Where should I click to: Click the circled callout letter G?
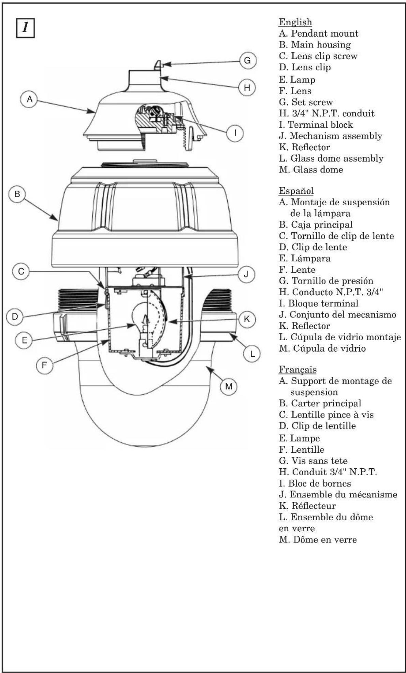click(x=248, y=60)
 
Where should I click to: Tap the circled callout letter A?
click(x=30, y=99)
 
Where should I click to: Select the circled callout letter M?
click(x=229, y=386)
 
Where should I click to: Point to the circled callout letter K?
click(x=247, y=319)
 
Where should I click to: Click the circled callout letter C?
click(x=21, y=272)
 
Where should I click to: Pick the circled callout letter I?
click(x=235, y=133)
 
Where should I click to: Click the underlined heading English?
click(x=295, y=23)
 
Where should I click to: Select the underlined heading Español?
click(x=296, y=190)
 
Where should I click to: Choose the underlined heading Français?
click(x=298, y=370)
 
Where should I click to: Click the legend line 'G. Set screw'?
click(x=306, y=102)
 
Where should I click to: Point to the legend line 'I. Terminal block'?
click(x=316, y=125)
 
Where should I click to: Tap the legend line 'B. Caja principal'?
click(x=316, y=224)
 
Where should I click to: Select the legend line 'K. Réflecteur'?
click(x=307, y=506)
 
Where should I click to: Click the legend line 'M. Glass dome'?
click(x=311, y=169)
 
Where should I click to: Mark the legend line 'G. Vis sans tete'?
click(x=313, y=461)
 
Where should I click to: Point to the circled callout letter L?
click(x=252, y=354)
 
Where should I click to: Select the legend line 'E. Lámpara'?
click(x=304, y=258)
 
